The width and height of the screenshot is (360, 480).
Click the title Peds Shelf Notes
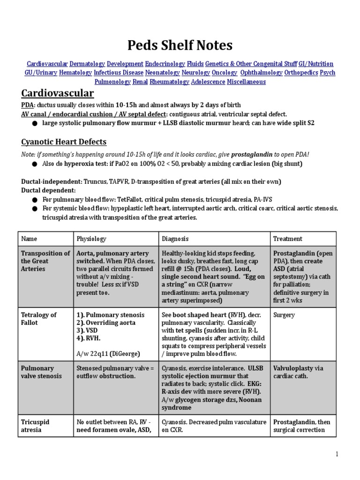pyautogui.click(x=180, y=45)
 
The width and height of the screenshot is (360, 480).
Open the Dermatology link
pyautogui.click(x=88, y=64)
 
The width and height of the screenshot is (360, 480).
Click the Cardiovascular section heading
pyautogui.click(x=58, y=93)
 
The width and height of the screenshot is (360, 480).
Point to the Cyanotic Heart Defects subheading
pyautogui.click(x=64, y=142)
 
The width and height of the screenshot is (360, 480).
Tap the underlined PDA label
pyautogui.click(x=27, y=105)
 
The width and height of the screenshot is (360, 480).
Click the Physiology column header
pyautogui.click(x=91, y=239)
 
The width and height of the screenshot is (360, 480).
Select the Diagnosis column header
pyautogui.click(x=175, y=239)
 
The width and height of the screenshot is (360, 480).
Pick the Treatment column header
pyautogui.click(x=288, y=239)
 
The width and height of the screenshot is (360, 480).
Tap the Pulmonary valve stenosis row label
pyautogui.click(x=41, y=372)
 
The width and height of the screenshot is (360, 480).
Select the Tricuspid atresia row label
pyautogui.click(x=35, y=426)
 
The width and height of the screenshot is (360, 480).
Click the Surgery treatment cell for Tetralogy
pyautogui.click(x=284, y=315)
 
